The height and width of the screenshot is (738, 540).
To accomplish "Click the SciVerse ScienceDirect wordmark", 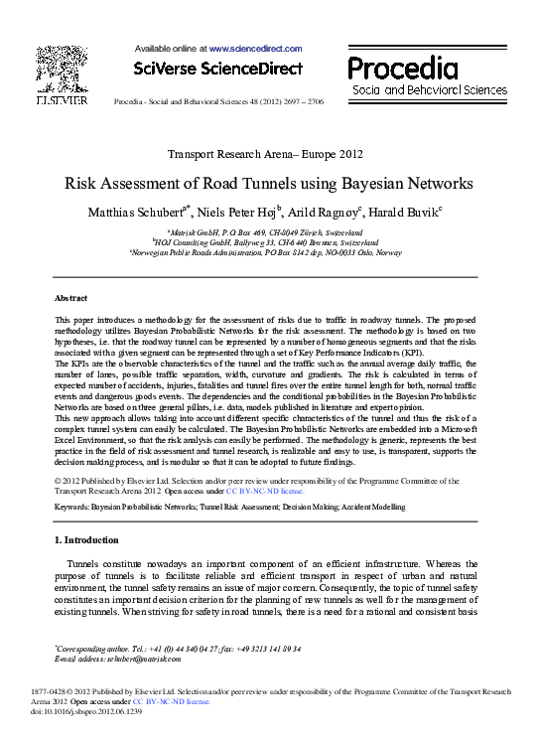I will coord(217,69).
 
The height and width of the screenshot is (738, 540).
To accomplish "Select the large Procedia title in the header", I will coord(402,69).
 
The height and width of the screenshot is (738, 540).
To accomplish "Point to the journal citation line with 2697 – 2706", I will coord(218,102).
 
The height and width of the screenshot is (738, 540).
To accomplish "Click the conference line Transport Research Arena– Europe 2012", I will coord(265,154).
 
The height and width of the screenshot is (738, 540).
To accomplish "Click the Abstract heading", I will coord(70,298).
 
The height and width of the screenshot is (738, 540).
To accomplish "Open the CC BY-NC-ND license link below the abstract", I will coord(265,491).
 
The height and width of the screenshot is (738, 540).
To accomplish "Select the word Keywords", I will coord(72,507).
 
